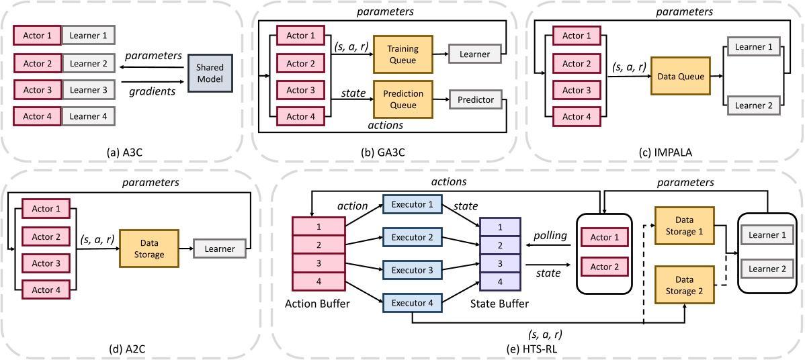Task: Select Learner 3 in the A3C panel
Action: (x=88, y=89)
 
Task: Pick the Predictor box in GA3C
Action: (x=476, y=100)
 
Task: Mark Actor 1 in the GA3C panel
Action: (x=301, y=35)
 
